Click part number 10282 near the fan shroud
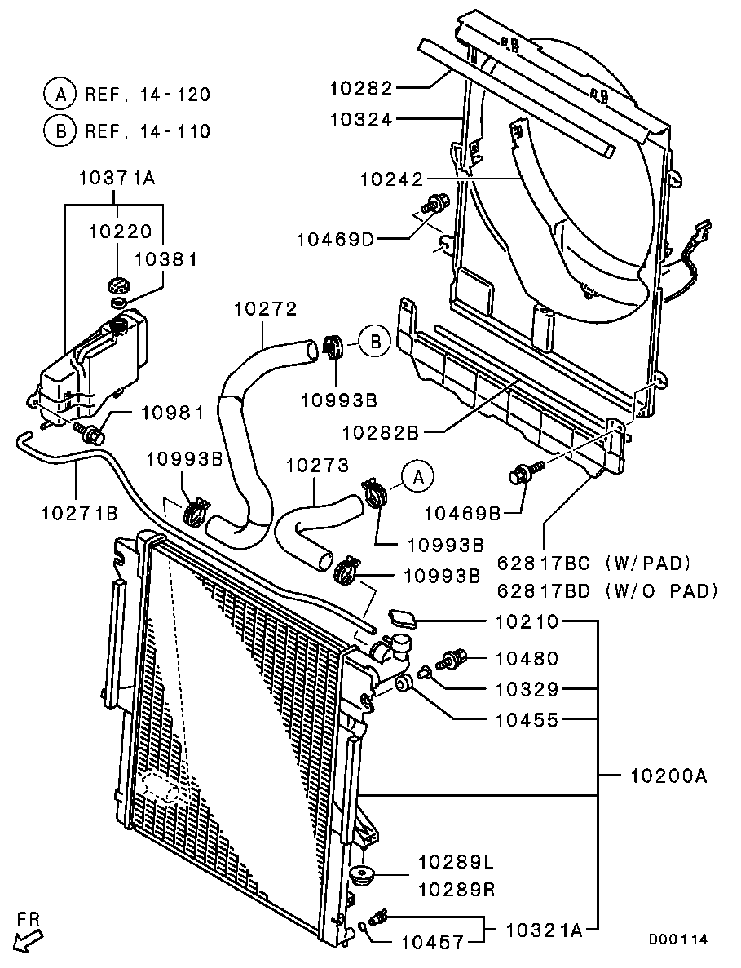coord(361,88)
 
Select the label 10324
coord(361,119)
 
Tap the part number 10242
coord(392,179)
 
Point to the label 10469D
coord(336,239)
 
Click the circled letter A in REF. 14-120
coord(60,95)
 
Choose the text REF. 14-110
coord(148,130)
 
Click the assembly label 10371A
coord(117,179)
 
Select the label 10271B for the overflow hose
coord(80,512)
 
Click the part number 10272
coord(266,308)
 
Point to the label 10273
coord(318,465)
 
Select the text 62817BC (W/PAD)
coord(593,563)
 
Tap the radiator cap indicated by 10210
coord(402,617)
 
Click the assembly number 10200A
coord(668,776)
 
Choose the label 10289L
coord(456,861)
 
